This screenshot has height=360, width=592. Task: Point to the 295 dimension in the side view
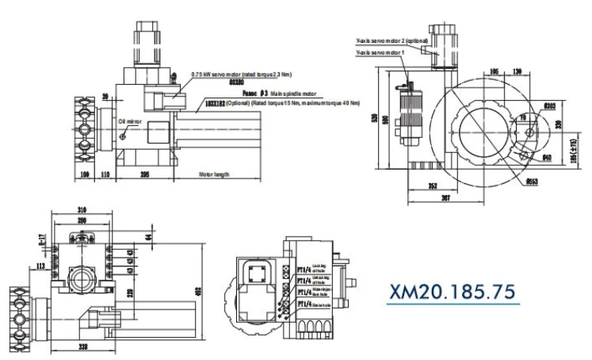[145, 174]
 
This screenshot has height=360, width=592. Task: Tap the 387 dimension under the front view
[449, 199]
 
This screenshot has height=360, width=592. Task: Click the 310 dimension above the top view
[82, 210]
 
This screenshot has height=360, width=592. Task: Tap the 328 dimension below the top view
[82, 347]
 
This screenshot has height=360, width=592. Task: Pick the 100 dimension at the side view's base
[84, 174]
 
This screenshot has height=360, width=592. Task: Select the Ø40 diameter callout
[547, 157]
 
